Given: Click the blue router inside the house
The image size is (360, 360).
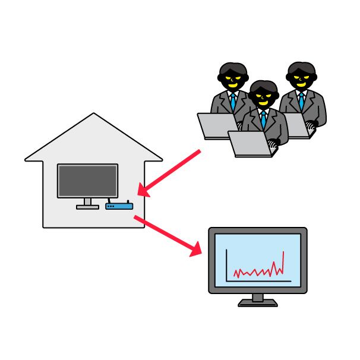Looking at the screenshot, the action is (119, 206).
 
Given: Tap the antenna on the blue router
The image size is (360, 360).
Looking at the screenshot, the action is (128, 202).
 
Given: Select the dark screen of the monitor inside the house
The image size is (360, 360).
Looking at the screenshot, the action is (87, 181).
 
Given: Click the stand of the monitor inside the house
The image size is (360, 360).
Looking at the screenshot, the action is (87, 203).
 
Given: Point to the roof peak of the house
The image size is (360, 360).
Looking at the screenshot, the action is (93, 115).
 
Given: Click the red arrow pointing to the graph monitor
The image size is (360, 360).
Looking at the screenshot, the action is (169, 236).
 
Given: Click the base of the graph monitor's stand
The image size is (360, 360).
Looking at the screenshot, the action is (258, 303).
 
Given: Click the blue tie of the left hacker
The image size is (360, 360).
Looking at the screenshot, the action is (233, 102).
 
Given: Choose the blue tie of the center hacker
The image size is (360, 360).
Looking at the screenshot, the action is (263, 119).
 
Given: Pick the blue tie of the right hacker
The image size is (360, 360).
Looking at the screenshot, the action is (302, 101).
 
